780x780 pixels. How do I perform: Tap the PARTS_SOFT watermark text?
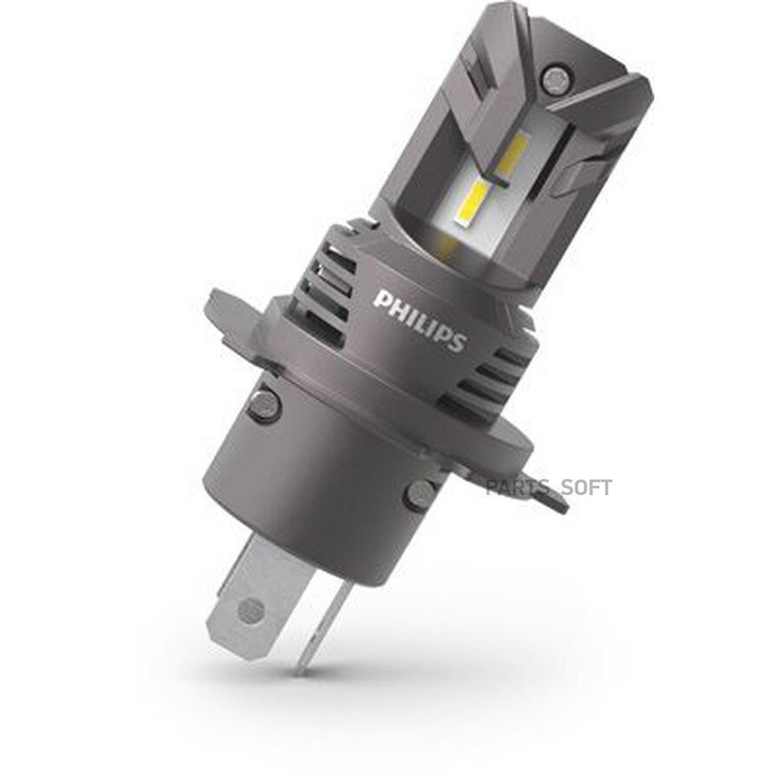pos(549,487)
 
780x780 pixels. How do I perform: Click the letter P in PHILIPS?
pos(380,302)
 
